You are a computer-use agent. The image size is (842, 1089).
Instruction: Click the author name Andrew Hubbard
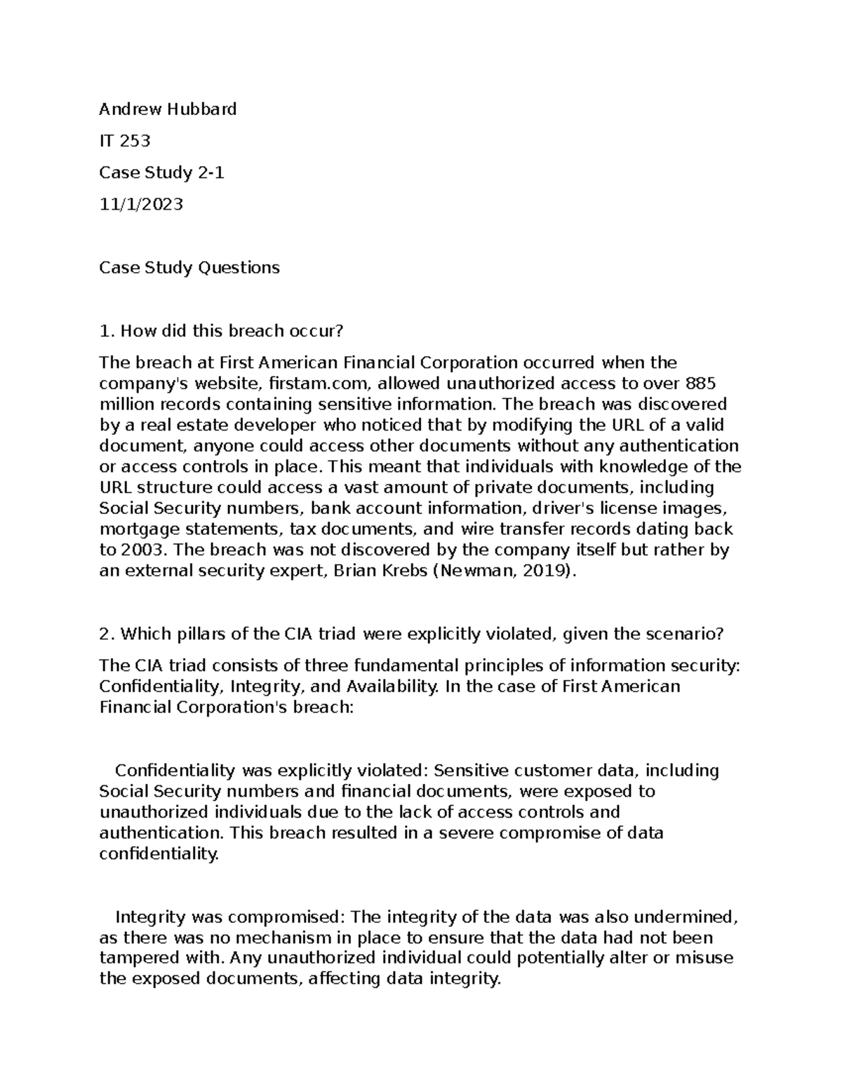pos(168,109)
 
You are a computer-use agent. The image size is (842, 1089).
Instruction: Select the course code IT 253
pos(125,141)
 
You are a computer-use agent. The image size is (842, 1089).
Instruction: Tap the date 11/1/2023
pos(141,204)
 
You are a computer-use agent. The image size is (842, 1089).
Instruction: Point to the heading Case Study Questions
pos(189,267)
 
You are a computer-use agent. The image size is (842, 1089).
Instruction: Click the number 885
pos(702,384)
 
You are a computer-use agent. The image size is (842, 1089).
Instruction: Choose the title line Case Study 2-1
pos(161,173)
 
